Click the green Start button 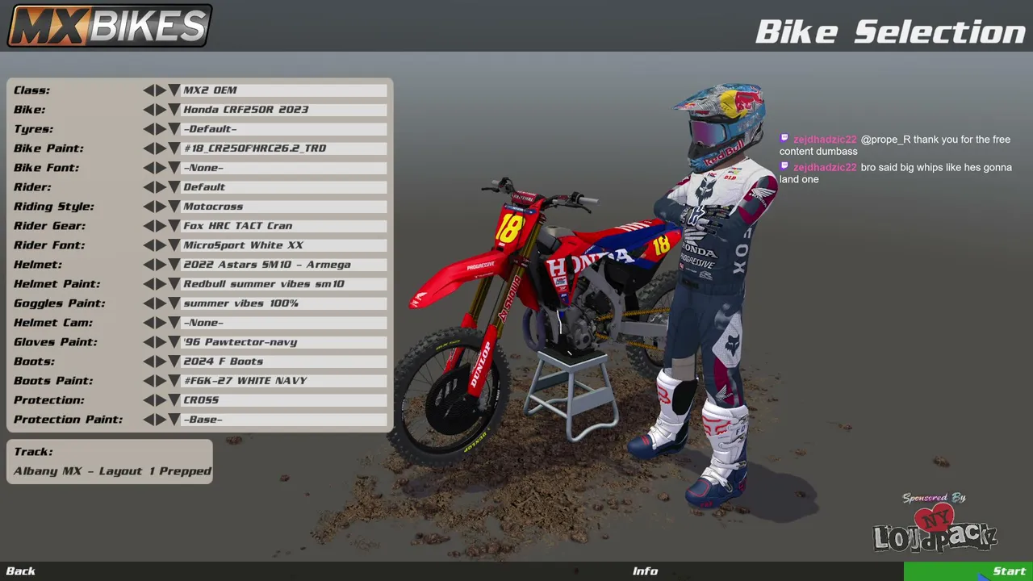(x=968, y=571)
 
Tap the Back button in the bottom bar (x=21, y=571)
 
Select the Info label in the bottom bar (x=645, y=571)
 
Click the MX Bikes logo (x=110, y=25)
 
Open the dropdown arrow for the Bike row (x=174, y=109)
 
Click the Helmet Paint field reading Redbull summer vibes (x=283, y=283)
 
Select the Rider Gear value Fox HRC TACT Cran (x=283, y=225)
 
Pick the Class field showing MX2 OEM (x=283, y=90)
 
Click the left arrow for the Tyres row (x=148, y=128)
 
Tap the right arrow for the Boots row (x=161, y=361)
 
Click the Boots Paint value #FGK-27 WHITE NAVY (x=283, y=380)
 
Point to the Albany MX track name (x=112, y=470)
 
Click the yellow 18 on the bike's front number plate (x=509, y=228)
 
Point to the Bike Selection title (x=891, y=31)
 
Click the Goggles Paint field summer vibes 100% (x=283, y=303)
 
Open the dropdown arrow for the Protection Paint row (x=174, y=419)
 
